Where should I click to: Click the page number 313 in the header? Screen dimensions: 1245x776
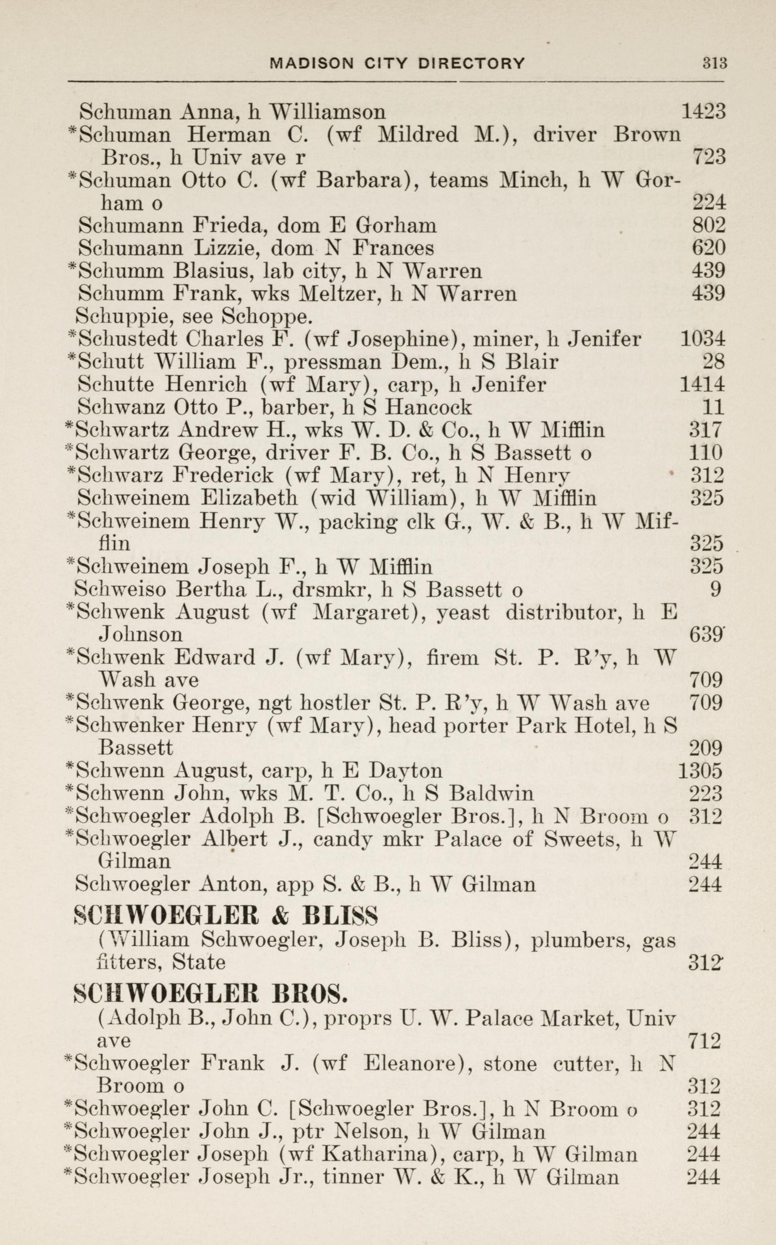pyautogui.click(x=715, y=63)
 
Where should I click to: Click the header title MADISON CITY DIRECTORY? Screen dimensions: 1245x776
pyautogui.click(x=397, y=63)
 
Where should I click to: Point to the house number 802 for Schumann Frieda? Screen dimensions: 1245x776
pyautogui.click(x=709, y=226)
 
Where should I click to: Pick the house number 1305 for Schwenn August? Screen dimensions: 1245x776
pyautogui.click(x=700, y=770)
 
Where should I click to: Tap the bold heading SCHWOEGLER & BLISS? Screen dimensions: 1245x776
pyautogui.click(x=226, y=915)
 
